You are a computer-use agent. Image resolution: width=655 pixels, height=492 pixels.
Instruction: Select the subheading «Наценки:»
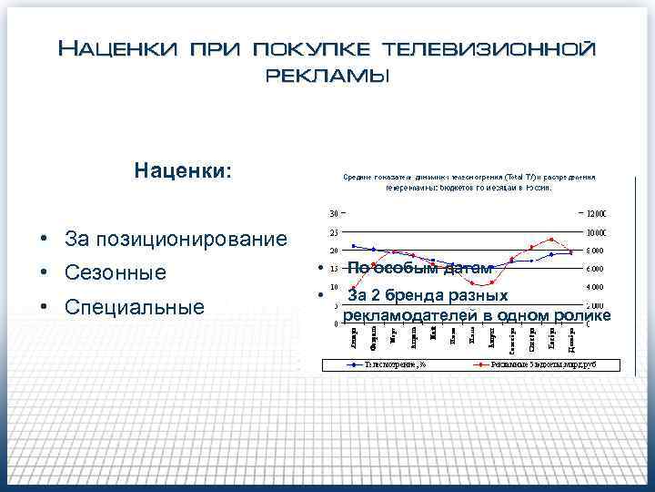coord(183,169)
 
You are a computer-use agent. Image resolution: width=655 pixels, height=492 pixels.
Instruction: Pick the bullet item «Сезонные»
coord(116,272)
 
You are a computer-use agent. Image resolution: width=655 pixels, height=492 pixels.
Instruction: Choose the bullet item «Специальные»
coord(135,307)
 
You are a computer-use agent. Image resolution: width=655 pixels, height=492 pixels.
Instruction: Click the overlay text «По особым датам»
coord(419,268)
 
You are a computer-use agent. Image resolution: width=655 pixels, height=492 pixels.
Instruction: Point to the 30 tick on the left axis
coord(333,213)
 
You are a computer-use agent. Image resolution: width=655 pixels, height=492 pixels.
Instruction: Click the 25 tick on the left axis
coord(333,231)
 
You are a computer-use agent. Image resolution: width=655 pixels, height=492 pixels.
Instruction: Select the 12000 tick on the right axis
coord(597,213)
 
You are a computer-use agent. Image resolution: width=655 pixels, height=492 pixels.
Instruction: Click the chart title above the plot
coord(469,182)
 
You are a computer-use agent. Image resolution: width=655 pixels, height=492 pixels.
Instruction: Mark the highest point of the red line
coord(551,240)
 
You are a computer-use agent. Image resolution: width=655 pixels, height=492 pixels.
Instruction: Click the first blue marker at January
coord(354,245)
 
